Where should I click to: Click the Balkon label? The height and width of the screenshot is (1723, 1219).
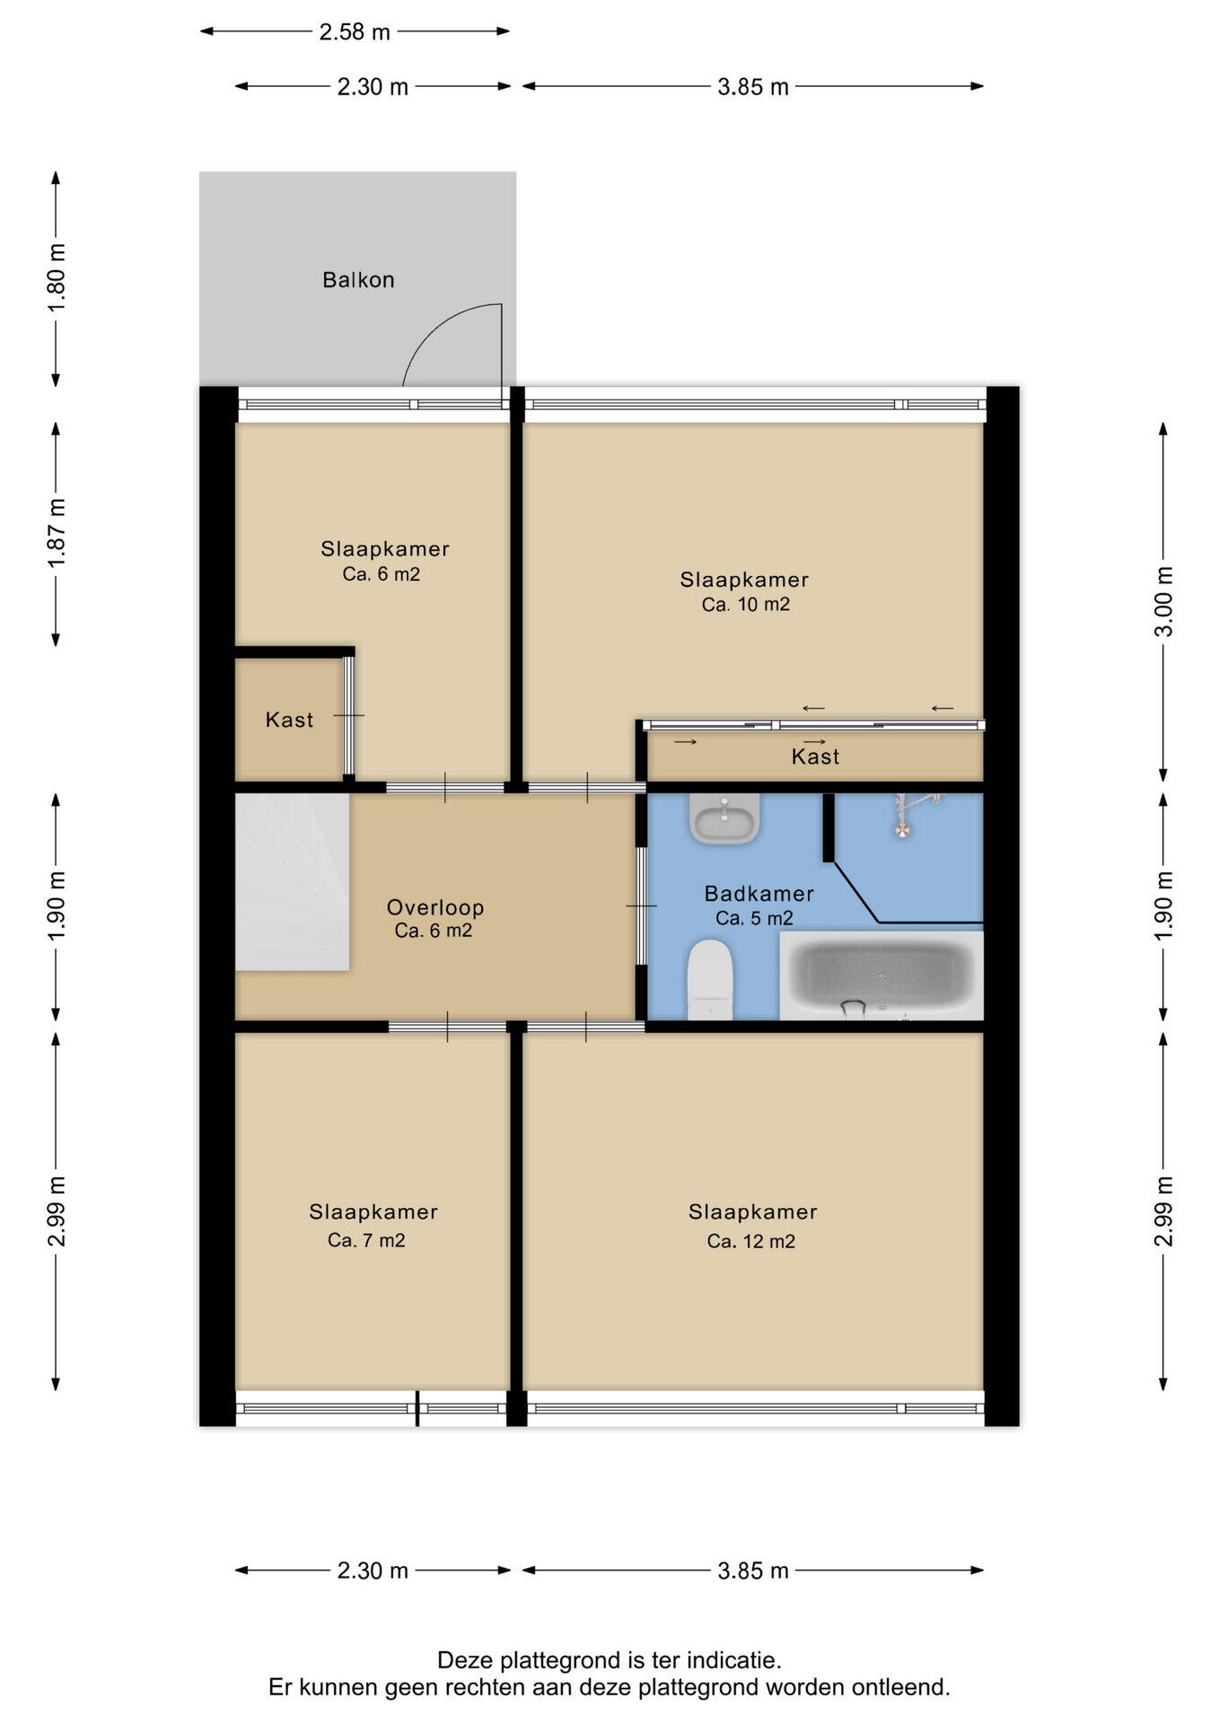tap(358, 280)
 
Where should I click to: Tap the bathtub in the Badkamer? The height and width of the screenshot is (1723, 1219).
tap(881, 975)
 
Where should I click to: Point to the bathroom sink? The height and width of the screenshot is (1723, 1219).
tap(724, 818)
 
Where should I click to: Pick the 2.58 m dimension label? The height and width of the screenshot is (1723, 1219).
tap(355, 32)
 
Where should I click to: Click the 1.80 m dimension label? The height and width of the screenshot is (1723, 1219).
tap(57, 278)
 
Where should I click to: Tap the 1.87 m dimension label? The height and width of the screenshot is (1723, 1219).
tap(57, 533)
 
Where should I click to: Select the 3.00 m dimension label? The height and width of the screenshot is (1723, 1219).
tap(1163, 601)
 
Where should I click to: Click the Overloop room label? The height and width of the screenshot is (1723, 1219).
tap(435, 907)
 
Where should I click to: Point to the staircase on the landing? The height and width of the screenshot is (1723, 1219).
tap(292, 881)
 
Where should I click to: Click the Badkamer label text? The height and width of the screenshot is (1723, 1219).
tap(759, 894)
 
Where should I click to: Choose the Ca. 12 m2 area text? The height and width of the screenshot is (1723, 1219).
tap(751, 1241)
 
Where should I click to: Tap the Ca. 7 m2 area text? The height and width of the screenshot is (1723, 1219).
tap(366, 1240)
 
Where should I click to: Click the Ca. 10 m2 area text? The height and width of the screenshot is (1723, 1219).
tap(746, 605)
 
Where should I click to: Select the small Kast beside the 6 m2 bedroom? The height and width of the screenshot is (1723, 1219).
tap(289, 720)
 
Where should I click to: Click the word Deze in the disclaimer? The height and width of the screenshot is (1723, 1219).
tap(465, 1660)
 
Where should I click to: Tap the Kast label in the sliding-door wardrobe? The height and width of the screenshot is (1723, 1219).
tap(815, 757)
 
